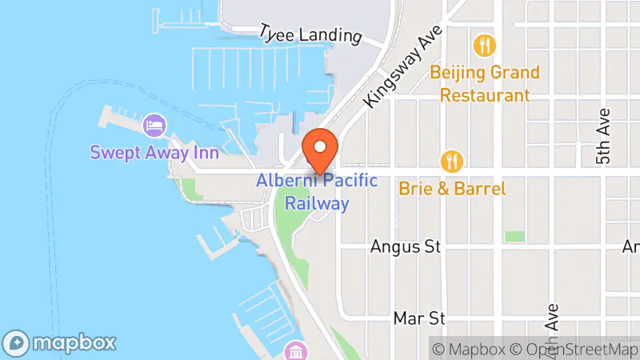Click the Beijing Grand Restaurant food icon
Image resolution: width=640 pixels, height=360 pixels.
click(x=483, y=45)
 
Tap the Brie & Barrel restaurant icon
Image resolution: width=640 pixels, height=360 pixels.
click(x=453, y=162)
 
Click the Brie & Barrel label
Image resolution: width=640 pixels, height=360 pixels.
click(x=453, y=190)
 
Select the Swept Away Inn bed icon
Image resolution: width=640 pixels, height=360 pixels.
click(x=154, y=125)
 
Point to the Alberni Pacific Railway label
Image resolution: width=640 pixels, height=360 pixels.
click(x=316, y=192)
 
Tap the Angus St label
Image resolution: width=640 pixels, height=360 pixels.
click(x=406, y=247)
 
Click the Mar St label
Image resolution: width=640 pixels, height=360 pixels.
click(x=419, y=318)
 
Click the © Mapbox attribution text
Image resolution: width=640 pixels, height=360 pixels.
click(x=469, y=349)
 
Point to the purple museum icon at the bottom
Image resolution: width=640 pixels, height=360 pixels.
click(x=295, y=351)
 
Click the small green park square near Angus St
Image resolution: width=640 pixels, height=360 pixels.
click(x=515, y=237)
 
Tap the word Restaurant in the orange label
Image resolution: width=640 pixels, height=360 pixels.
click(x=484, y=95)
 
